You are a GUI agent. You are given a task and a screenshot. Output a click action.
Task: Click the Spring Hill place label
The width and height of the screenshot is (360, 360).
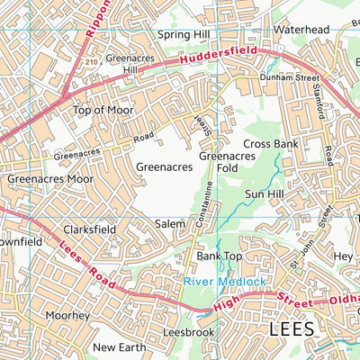click(184, 34)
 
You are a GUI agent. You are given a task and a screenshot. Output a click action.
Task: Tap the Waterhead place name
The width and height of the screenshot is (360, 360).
click(301, 30)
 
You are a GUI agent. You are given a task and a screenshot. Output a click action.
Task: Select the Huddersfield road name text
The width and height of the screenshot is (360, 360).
click(211, 56)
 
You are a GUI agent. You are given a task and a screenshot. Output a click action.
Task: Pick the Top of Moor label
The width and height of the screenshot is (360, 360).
click(103, 110)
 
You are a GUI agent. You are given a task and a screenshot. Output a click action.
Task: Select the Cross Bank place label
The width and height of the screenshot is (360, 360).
click(269, 144)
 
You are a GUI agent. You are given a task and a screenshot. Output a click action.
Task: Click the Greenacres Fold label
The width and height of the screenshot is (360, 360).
click(221, 161)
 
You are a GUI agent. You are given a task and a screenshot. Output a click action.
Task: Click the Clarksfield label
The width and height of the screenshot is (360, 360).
click(89, 229)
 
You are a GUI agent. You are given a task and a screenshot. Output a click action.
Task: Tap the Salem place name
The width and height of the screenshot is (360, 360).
click(169, 223)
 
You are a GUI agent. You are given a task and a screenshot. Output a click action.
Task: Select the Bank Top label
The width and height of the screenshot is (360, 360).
click(220, 256)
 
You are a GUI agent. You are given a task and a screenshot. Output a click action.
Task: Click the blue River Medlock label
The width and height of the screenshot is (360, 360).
click(225, 282)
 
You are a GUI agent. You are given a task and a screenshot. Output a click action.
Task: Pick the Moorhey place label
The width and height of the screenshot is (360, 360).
click(68, 316)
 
